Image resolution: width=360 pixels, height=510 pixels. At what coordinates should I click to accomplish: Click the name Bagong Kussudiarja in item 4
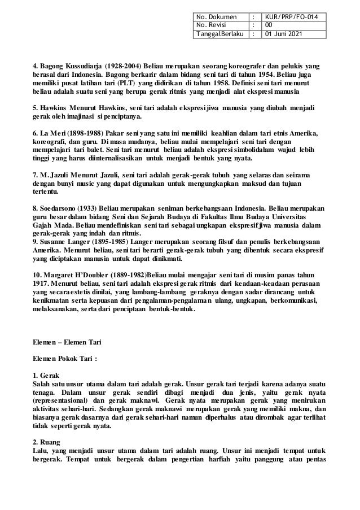(x=65, y=65)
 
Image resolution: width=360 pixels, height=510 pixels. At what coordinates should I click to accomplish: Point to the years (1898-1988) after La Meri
(x=77, y=133)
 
